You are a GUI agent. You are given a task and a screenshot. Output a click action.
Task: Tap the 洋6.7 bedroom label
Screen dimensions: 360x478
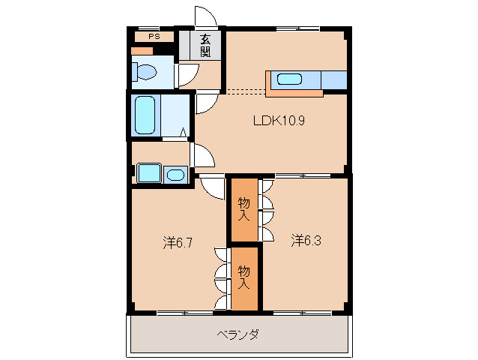[x=179, y=242]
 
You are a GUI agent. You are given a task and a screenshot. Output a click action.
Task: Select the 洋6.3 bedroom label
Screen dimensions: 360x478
[x=306, y=240]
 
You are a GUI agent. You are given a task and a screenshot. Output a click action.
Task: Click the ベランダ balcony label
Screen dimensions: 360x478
[x=238, y=334]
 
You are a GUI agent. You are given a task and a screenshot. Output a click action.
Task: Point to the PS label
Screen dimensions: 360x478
[x=154, y=36]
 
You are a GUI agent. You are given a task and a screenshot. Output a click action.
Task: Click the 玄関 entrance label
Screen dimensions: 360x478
[x=205, y=46]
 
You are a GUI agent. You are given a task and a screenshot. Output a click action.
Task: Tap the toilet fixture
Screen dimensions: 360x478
[x=144, y=72]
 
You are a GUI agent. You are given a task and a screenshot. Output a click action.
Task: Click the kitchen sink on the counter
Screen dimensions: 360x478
[x=288, y=78]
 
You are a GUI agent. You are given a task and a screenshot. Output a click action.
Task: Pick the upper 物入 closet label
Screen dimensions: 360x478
[x=243, y=208]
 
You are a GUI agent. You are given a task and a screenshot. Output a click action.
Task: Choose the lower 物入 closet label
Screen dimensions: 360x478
[x=243, y=277]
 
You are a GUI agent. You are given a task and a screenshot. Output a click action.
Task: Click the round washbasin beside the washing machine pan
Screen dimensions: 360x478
[x=175, y=175]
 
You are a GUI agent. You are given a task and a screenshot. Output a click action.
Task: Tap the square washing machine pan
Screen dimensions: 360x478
[x=150, y=173]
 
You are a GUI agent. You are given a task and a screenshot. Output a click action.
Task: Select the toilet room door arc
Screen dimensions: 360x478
[x=187, y=75]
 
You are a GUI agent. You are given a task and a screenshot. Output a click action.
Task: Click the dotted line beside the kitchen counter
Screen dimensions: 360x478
[x=245, y=91]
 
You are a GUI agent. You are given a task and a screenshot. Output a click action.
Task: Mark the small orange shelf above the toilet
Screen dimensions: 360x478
[x=142, y=51]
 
